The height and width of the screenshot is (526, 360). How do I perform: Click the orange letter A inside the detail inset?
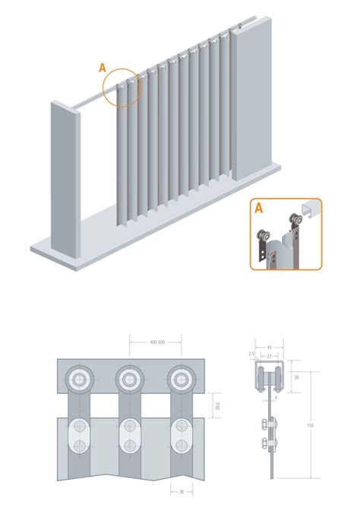coord(260,209)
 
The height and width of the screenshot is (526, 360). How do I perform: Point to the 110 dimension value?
coord(310,426)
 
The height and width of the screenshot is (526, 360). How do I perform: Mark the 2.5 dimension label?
coord(251,354)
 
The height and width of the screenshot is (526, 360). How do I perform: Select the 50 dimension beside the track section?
coord(297,377)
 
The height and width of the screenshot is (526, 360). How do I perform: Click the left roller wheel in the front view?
coord(79,379)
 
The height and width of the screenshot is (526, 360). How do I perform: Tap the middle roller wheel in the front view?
coord(130,379)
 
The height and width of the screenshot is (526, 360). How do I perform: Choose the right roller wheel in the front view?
coord(180,379)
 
